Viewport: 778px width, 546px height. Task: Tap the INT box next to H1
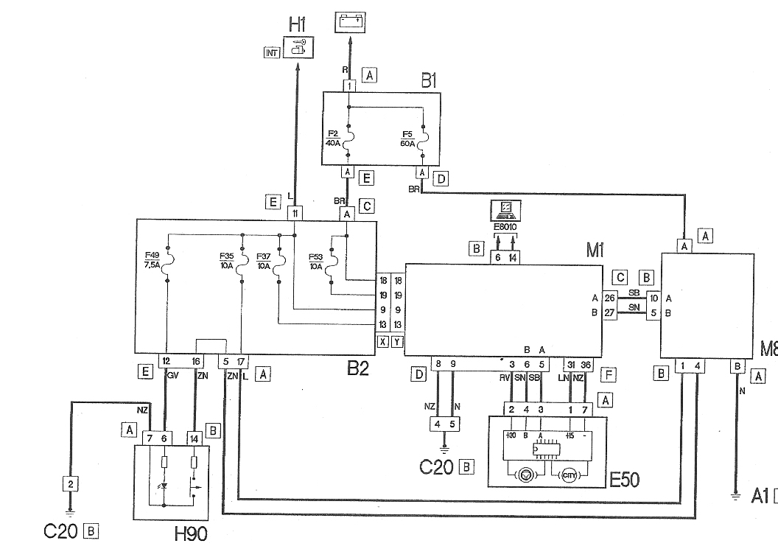[x=272, y=53]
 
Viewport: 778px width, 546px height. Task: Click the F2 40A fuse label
[x=334, y=138]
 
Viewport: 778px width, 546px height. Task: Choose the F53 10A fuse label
[x=316, y=261]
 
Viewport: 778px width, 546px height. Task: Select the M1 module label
[x=595, y=251]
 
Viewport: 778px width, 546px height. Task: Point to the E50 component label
[x=624, y=480]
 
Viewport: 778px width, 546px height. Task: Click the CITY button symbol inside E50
[x=570, y=475]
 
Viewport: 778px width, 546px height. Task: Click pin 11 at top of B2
[x=295, y=213]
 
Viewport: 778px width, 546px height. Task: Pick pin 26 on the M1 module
[x=609, y=298]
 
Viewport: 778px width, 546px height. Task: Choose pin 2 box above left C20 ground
[x=70, y=483]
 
